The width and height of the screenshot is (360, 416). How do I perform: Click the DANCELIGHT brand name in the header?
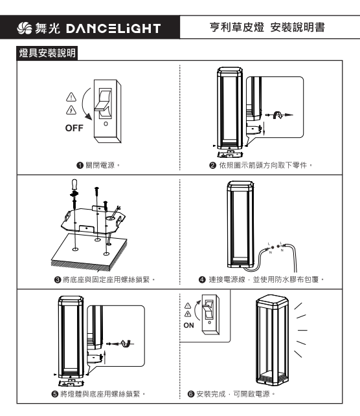pos(113,28)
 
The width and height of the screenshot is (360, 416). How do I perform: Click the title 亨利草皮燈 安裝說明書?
pos(267,27)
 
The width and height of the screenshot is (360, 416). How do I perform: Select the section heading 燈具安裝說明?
pos(47,53)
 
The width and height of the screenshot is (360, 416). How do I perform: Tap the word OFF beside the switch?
pos(74,128)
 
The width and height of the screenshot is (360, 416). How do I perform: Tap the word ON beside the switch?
pos(189,325)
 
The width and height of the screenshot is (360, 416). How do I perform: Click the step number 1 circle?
pos(80,166)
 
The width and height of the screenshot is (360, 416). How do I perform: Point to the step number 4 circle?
pos(202,279)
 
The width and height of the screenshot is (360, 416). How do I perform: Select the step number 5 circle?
pos(54,394)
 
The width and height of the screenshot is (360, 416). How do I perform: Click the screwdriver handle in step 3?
pos(74,184)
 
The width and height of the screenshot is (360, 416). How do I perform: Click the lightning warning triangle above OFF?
pos(71,110)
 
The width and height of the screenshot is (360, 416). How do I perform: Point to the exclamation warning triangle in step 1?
pos(71,97)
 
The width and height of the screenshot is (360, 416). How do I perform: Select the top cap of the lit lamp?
pos(272,300)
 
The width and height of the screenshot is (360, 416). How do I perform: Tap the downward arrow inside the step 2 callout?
pos(264,129)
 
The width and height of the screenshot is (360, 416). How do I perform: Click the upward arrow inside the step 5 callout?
pos(105,358)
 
